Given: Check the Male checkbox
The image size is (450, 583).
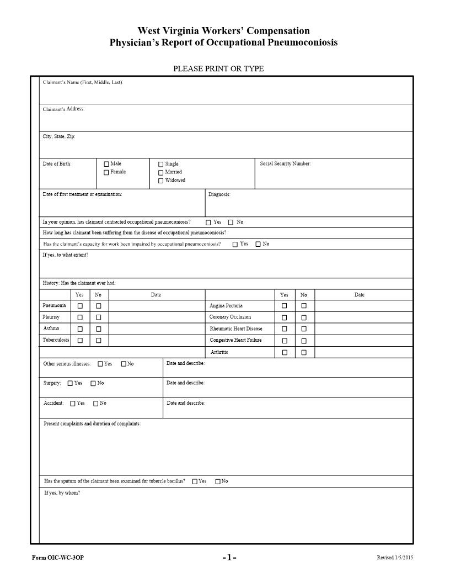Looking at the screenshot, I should coord(106,164).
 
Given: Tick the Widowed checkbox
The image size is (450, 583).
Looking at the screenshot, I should coord(161,181).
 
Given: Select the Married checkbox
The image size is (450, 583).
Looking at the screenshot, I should coord(161,172).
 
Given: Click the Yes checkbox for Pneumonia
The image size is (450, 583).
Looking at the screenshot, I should coord(80,306).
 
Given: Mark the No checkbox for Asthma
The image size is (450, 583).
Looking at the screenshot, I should coord(99,329).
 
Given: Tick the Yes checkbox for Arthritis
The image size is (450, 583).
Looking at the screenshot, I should coord(285,352).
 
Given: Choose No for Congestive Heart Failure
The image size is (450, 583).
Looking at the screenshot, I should coord(304,341).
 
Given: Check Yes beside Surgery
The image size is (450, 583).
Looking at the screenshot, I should coord(70,383).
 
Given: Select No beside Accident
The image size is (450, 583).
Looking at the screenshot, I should coord(96,404).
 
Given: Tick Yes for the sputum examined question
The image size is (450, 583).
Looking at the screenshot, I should coord(195,481).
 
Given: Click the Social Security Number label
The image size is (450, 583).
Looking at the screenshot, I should coord(285,163).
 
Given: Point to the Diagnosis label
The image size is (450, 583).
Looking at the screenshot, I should coord(219,194).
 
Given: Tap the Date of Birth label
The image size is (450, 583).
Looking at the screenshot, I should coord(57,163).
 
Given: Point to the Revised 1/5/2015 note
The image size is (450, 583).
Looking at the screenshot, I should coord(394,558).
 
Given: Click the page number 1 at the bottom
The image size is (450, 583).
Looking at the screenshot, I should coord(229,558).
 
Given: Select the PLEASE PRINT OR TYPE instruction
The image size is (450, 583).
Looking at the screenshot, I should coord(218,69).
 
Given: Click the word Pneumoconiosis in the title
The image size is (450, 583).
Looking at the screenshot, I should coord(303,43).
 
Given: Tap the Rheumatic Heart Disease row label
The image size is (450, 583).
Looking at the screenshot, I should coord(236,329).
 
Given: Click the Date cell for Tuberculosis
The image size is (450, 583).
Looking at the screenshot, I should coord(156,341).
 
